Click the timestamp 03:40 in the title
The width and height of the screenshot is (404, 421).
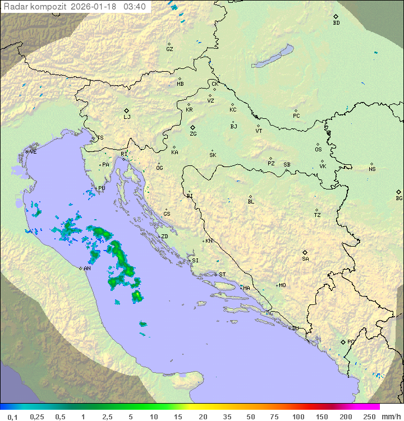click(x=135, y=6)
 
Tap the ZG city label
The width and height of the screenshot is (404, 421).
click(x=193, y=134)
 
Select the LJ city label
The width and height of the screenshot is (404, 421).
click(x=127, y=117)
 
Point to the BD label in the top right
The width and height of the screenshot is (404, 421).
click(x=336, y=23)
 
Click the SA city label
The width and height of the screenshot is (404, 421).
click(x=305, y=258)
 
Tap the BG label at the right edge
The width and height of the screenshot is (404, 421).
click(x=399, y=198)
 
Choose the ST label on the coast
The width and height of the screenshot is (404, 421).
click(x=222, y=275)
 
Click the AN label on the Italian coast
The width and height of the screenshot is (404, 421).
click(x=87, y=269)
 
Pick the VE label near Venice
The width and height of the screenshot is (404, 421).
click(x=33, y=152)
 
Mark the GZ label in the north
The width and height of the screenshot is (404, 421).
click(x=169, y=49)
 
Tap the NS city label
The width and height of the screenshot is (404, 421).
click(x=372, y=169)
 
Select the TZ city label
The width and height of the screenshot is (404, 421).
click(x=318, y=215)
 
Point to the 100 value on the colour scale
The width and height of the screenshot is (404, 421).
click(x=298, y=417)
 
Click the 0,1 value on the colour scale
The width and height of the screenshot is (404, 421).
click(x=12, y=417)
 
